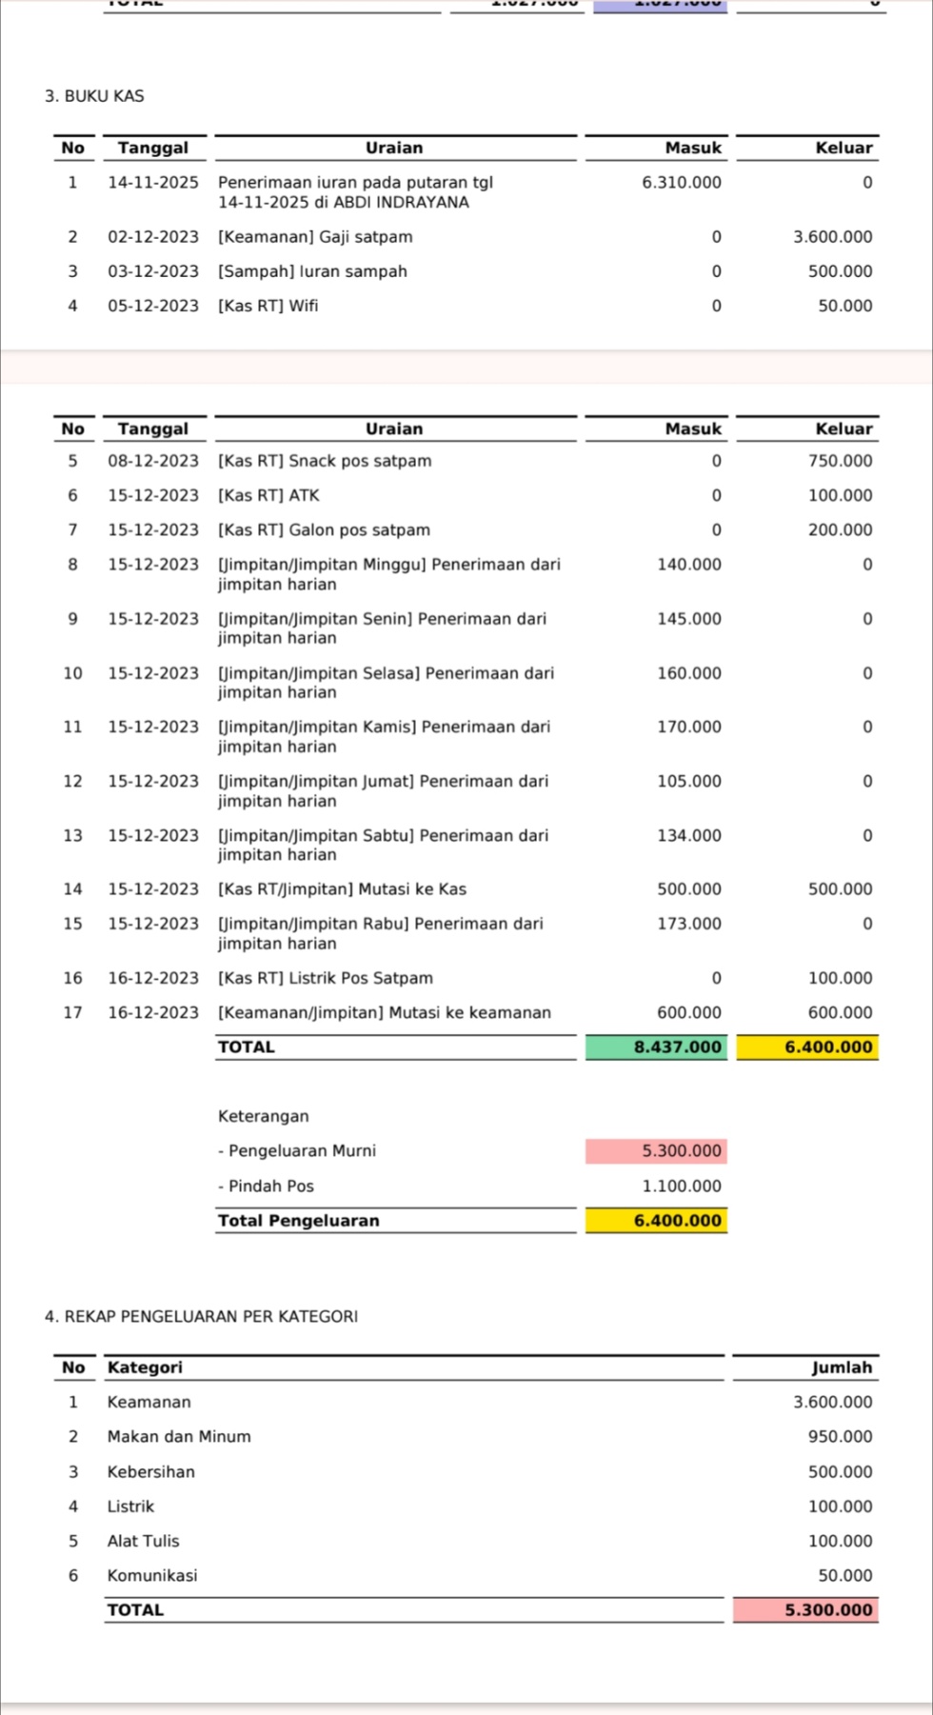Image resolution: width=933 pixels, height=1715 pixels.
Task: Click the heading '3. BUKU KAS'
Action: [x=94, y=96]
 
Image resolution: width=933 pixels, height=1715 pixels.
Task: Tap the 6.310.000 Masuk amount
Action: [x=681, y=182]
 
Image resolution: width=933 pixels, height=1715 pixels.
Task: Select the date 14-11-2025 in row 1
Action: [x=152, y=182]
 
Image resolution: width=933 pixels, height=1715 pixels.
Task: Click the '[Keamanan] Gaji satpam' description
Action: [x=315, y=237]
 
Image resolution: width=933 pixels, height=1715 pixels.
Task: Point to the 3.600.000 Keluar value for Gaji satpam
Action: [x=832, y=237]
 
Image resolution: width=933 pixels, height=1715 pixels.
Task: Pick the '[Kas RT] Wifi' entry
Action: [x=268, y=306]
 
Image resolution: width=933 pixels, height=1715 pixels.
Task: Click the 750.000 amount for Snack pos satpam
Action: [x=840, y=461]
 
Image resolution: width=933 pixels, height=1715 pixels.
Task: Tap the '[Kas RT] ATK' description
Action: [x=268, y=495]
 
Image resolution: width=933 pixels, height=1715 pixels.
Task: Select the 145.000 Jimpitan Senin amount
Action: [x=688, y=619]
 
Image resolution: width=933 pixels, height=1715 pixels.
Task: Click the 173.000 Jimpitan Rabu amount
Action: [x=688, y=924]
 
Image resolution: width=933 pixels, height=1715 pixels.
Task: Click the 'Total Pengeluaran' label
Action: [x=298, y=1221]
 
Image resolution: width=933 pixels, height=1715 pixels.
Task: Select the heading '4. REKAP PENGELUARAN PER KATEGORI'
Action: [x=201, y=1317]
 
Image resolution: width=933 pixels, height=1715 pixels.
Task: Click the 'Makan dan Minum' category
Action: [x=179, y=1437]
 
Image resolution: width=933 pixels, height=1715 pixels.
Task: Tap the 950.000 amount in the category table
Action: [x=840, y=1437]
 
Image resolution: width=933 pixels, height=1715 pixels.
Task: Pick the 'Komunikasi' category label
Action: [x=152, y=1576]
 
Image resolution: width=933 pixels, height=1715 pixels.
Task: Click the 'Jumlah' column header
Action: [x=842, y=1367]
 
